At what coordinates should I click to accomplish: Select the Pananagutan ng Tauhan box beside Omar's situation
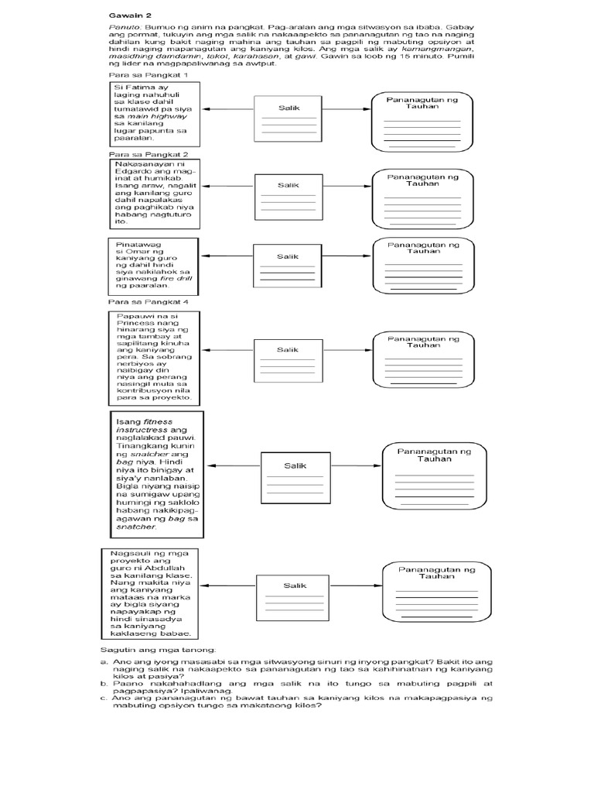coord(423,265)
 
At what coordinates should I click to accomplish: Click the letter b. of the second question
coord(104,685)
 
